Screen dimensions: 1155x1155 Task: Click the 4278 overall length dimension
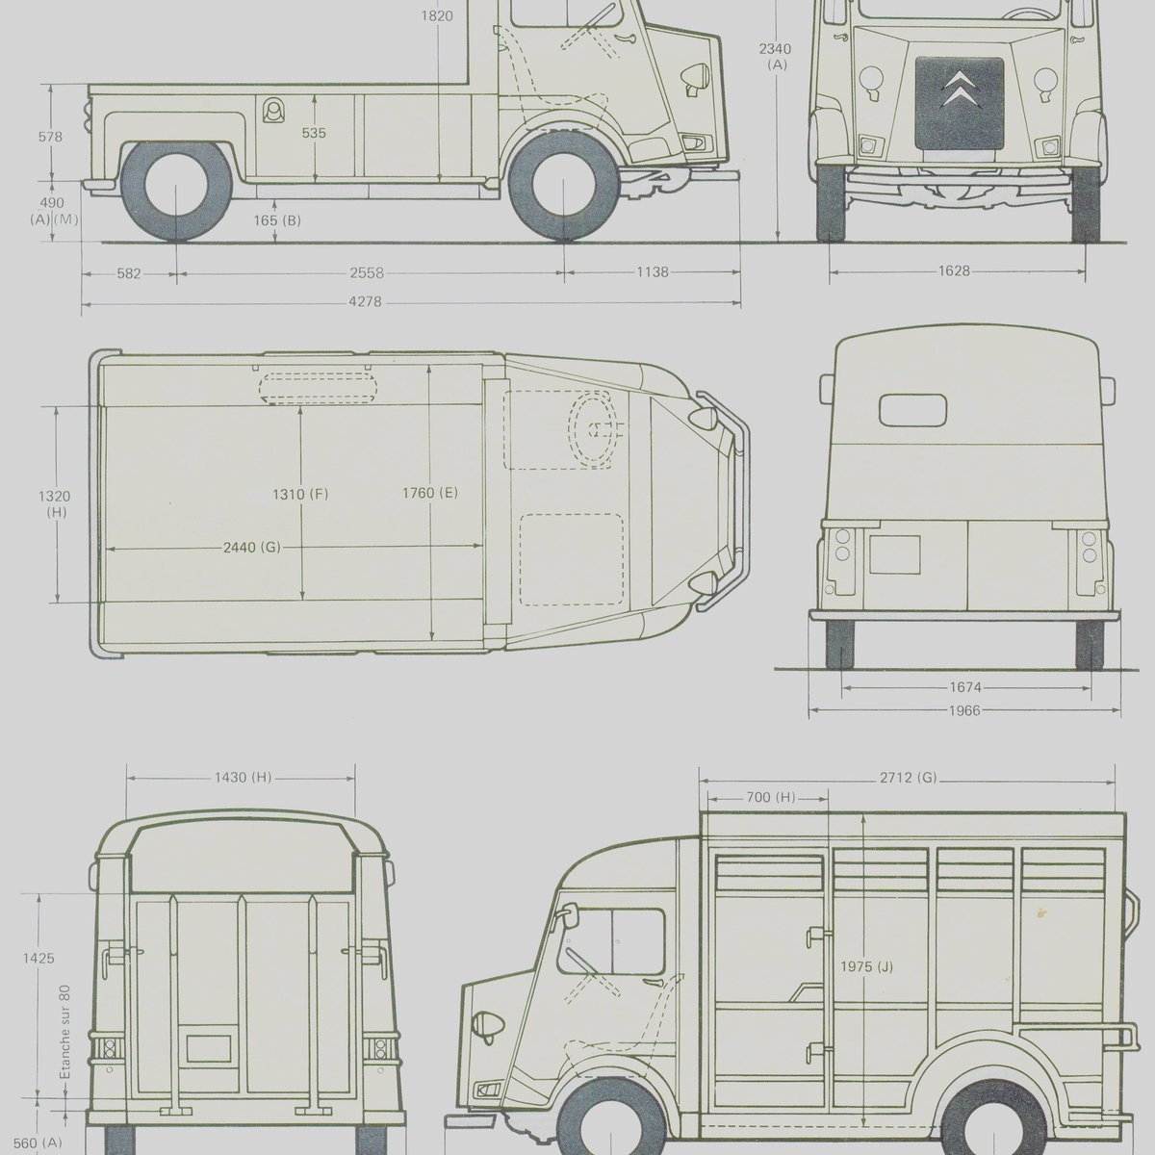click(365, 302)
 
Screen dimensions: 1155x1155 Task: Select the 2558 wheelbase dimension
click(367, 273)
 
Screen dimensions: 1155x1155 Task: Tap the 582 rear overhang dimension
click(129, 274)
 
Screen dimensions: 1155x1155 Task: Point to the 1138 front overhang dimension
click(653, 272)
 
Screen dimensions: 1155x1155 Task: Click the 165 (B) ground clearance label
click(277, 220)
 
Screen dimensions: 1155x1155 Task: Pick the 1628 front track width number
click(954, 270)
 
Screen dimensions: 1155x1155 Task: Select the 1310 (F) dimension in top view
click(301, 495)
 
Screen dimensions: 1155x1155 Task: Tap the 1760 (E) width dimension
click(429, 494)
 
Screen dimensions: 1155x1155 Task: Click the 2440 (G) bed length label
click(252, 547)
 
